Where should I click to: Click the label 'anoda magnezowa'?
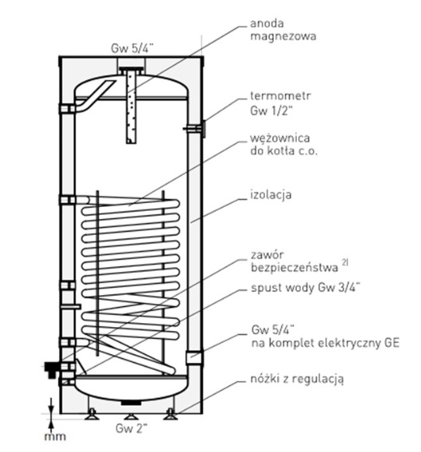283,30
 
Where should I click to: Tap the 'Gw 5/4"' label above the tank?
132,49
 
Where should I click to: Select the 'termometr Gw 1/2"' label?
281,103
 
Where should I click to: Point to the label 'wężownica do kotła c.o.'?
284,144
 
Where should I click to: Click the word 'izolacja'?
271,195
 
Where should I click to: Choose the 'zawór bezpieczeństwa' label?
294,262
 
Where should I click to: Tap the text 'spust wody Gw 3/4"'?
306,287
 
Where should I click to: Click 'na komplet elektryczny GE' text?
325,343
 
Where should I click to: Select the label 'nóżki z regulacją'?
297,379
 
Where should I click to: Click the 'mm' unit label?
55,437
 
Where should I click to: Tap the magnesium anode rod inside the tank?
131,107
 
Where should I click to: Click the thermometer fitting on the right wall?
196,128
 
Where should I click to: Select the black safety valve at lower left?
52,369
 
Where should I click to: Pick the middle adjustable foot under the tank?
131,416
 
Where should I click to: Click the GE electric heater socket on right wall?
194,358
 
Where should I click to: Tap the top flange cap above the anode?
131,70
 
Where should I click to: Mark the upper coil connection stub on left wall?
68,200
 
